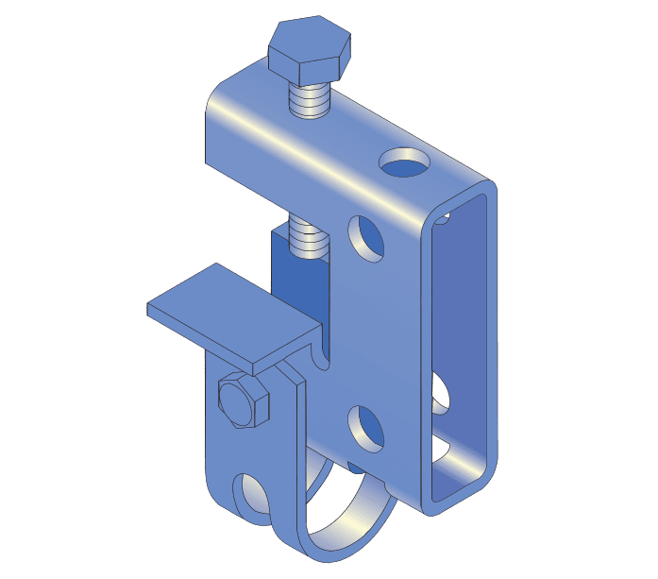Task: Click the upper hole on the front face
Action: [x=368, y=237]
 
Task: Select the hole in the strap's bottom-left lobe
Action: [x=253, y=493]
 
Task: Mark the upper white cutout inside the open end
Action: [x=441, y=393]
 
